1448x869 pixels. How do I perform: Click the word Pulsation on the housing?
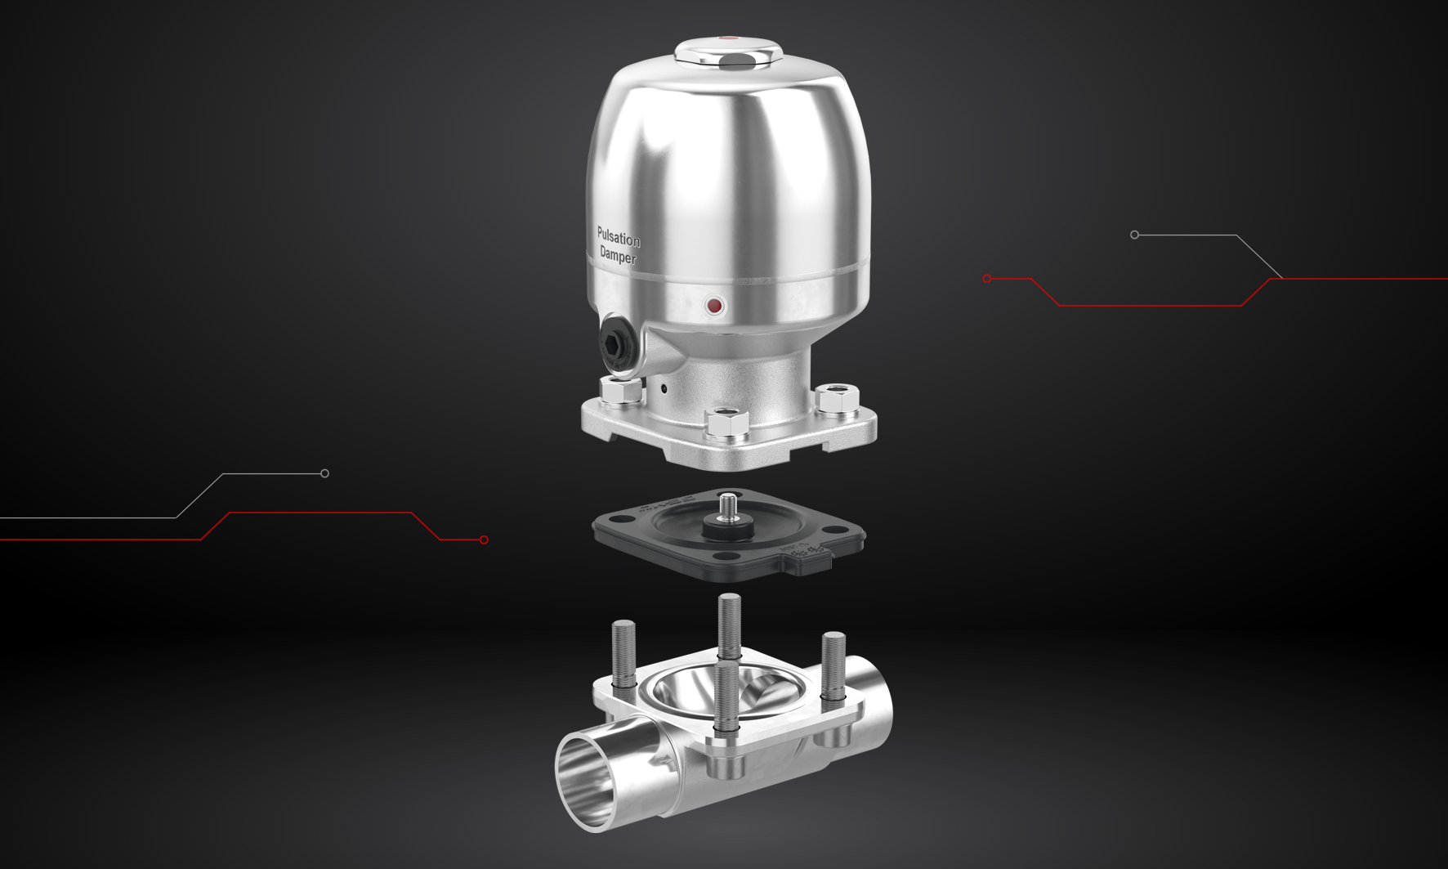click(618, 238)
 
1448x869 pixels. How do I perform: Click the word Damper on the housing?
click(617, 256)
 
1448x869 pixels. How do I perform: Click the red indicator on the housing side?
click(714, 307)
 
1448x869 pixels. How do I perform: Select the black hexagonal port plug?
click(615, 343)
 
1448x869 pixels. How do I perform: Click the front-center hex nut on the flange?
click(726, 423)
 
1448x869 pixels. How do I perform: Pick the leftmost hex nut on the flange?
click(621, 391)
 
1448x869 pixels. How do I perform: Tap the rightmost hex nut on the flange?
click(837, 398)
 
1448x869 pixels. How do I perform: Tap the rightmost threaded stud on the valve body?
click(833, 665)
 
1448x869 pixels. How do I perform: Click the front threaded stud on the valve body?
click(726, 695)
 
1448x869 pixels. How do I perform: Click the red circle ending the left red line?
click(484, 540)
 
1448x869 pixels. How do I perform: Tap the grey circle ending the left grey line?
click(324, 473)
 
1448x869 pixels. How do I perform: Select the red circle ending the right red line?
click(987, 279)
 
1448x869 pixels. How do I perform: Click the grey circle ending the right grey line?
click(1134, 235)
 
